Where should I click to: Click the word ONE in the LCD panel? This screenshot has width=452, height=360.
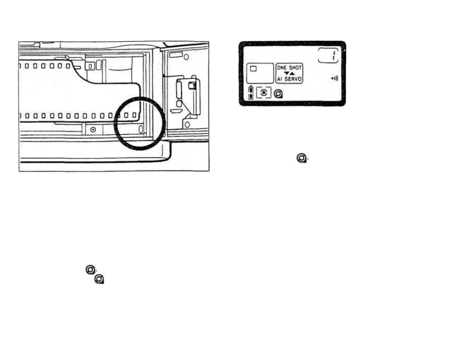[281, 68]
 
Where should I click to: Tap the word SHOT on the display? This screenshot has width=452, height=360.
[296, 68]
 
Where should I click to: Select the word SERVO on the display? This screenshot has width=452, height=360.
[293, 79]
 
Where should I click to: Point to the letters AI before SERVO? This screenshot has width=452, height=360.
[279, 79]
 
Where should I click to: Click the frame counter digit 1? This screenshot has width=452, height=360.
[334, 55]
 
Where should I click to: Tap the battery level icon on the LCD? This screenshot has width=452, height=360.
[251, 93]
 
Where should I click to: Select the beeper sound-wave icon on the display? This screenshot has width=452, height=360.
[335, 78]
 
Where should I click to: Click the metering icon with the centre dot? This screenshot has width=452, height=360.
[264, 93]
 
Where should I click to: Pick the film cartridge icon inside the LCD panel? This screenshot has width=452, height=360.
[278, 94]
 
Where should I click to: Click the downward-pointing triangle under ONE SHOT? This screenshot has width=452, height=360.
[287, 73]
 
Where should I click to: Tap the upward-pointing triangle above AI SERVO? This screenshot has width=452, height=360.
[292, 73]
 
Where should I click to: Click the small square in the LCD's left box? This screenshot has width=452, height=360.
[253, 69]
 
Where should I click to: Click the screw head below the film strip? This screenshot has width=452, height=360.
[93, 130]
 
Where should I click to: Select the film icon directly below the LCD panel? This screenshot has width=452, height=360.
[302, 158]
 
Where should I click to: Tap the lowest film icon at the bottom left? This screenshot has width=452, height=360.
[99, 279]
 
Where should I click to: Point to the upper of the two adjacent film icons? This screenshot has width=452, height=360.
[90, 270]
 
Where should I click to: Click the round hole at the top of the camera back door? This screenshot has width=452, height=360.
[186, 57]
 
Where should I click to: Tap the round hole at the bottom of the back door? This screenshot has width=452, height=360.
[187, 124]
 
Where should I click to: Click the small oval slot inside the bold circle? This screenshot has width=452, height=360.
[141, 129]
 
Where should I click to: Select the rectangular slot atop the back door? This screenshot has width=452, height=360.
[176, 54]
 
